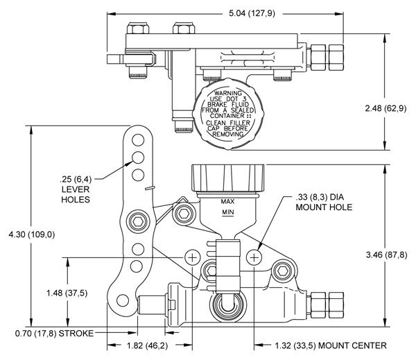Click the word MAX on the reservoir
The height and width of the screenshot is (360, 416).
(228, 202)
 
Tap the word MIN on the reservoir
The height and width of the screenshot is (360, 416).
(228, 214)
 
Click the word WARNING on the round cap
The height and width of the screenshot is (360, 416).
(227, 92)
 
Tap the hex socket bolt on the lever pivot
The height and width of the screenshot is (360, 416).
(138, 223)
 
